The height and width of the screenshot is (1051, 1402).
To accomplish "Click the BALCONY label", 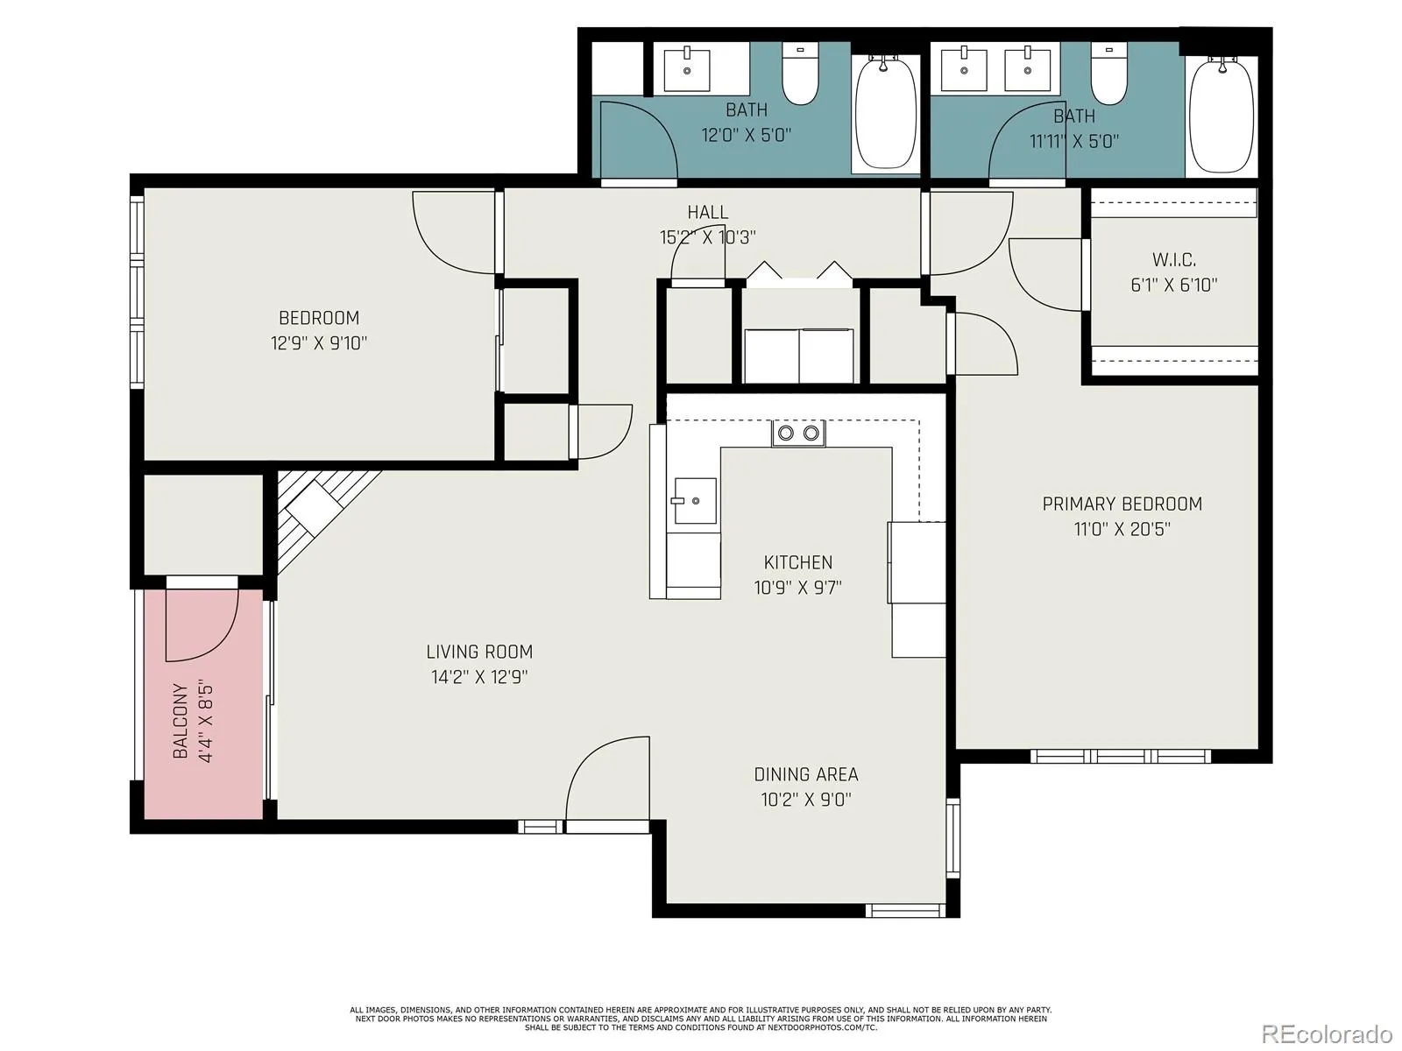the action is coord(181,721).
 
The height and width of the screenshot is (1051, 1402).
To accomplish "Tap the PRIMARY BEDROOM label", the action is coord(1122,504).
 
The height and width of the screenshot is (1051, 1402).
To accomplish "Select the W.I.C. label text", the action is coord(1174,260).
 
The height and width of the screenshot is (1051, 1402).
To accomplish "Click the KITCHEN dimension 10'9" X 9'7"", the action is coord(798,587).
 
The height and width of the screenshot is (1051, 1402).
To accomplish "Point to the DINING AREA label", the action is coord(806,775).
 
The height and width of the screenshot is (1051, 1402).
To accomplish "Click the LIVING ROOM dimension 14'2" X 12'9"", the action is coord(479,676).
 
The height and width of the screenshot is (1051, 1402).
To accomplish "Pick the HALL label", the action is coord(708,212).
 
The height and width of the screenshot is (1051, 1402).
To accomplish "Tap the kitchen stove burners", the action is coord(798,434).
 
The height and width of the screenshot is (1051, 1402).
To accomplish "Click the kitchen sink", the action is coord(694,501).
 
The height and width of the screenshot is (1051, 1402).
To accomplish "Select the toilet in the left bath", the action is coord(800,74).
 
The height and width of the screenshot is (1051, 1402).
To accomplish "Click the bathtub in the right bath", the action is coord(1221,114).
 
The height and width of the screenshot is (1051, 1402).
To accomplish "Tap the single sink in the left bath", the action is coord(687,69).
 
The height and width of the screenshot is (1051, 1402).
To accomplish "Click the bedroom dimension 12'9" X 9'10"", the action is coord(319,343).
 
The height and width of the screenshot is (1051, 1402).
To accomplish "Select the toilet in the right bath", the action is coord(1108,74).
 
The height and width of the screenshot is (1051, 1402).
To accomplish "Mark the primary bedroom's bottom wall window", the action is coord(1121,757).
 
